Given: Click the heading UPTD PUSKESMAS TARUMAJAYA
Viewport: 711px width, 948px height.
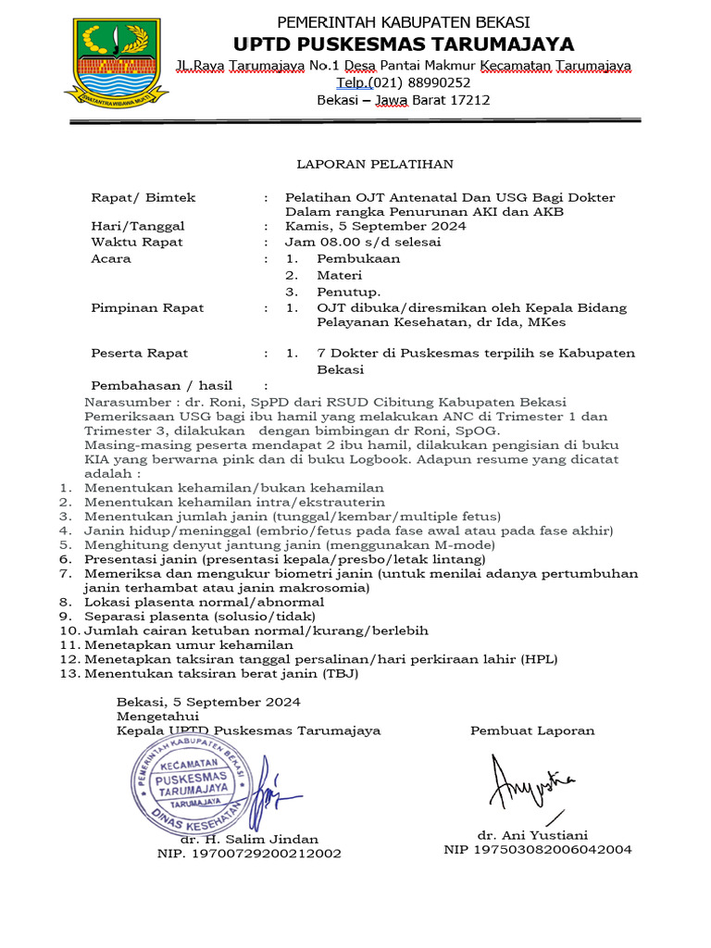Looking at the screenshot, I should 403,44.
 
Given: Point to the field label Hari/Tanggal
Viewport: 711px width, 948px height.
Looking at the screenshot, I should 138,226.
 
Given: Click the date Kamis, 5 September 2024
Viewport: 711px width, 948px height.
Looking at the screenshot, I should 376,226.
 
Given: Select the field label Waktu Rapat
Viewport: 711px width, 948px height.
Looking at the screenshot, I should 137,243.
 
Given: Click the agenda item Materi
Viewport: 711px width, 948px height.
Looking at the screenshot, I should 339,276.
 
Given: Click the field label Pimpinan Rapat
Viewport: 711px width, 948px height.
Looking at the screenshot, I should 147,308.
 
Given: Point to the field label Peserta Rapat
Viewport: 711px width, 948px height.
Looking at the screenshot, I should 139,353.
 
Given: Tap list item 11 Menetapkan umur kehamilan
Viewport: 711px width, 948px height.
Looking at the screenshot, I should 189,644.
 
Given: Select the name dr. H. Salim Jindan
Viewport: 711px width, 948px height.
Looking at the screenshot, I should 249,839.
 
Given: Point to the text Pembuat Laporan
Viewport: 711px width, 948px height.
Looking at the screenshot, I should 532,730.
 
